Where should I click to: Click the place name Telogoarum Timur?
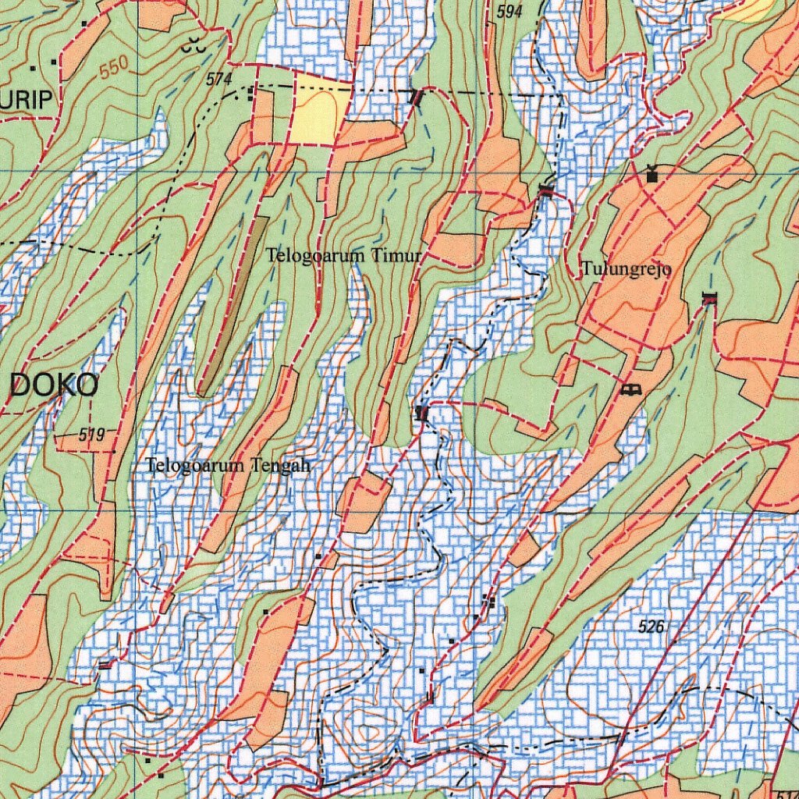[x=343, y=255]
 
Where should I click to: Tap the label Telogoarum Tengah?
[x=229, y=466]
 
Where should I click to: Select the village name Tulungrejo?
[x=626, y=270]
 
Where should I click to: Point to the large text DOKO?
[x=54, y=385]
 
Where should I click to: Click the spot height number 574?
[x=219, y=79]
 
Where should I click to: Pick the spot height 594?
[x=509, y=12]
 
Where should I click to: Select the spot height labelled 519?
[x=91, y=435]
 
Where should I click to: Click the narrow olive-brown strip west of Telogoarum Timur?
[x=232, y=304]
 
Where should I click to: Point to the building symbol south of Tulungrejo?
[x=630, y=388]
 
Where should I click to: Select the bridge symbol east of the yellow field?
[x=417, y=98]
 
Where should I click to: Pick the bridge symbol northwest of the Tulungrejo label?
[x=545, y=190]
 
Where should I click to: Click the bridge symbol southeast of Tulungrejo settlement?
[x=708, y=297]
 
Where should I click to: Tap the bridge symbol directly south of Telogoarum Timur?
[x=422, y=413]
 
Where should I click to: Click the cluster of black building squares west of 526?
[x=489, y=600]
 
